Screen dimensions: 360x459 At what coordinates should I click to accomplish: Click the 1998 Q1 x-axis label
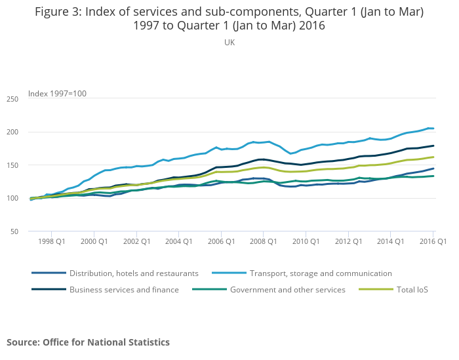pos(51,241)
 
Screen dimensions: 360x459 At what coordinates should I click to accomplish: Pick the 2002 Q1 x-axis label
pos(136,241)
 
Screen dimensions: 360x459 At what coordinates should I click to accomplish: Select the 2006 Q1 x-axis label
pos(220,241)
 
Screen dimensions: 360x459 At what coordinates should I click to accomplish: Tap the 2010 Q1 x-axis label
pos(305,241)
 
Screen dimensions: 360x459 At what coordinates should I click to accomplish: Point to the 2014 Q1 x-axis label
pos(390,241)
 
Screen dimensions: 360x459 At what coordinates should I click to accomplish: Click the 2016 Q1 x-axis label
pos(433,241)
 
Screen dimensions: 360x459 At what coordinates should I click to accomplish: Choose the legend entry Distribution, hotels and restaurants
pos(134,273)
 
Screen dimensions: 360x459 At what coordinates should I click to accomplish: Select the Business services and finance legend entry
pos(124,289)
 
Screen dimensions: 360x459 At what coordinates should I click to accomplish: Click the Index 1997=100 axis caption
pos(57,94)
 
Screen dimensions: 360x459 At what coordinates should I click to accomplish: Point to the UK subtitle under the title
pos(229,43)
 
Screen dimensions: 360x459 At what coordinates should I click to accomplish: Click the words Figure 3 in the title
pos(62,12)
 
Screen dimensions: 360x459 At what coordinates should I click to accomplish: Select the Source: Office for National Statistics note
pos(88,342)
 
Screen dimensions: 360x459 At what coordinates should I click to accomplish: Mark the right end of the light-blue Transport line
pos(433,129)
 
